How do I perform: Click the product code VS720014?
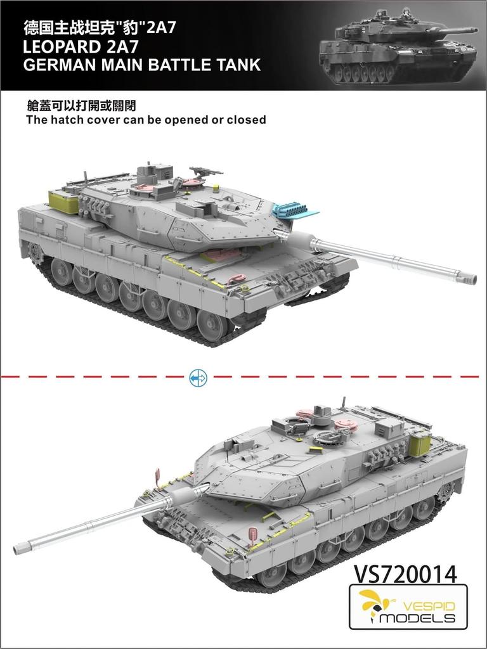[404, 573]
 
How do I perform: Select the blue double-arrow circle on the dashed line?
[198, 378]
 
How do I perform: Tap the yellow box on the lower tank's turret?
[420, 443]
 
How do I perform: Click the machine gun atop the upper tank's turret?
[205, 170]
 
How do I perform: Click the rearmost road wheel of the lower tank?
[423, 507]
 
